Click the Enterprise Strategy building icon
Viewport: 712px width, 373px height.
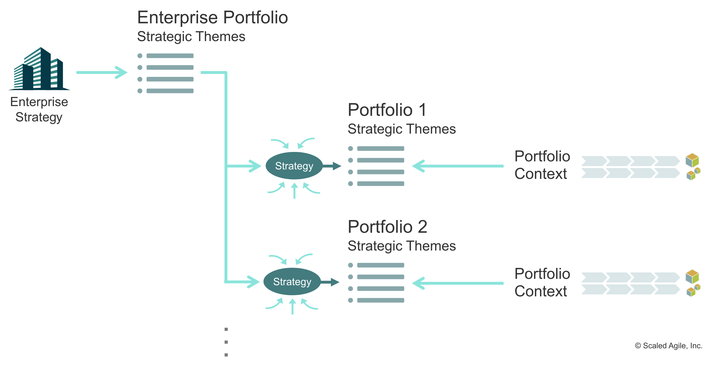click(39, 69)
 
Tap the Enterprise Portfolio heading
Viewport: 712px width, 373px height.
click(212, 17)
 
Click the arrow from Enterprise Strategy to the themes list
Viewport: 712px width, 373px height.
click(102, 72)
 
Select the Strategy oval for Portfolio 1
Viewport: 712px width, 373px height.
click(294, 166)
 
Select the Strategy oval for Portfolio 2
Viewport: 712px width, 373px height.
click(292, 282)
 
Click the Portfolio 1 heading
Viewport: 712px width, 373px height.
click(387, 110)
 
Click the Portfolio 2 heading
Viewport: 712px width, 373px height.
click(387, 227)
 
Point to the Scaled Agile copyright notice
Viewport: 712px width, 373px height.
click(668, 346)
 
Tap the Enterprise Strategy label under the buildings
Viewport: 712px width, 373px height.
click(39, 109)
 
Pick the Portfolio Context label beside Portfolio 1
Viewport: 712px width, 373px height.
click(542, 165)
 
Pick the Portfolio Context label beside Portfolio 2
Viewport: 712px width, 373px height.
click(542, 282)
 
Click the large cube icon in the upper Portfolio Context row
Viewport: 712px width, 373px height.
click(692, 160)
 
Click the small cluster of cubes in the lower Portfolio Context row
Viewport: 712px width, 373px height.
click(693, 291)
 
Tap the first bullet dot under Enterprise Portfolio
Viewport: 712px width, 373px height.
click(140, 56)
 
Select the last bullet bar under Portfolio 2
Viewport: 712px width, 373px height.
click(380, 300)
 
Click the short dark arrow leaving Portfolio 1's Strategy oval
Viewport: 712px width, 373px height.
click(332, 166)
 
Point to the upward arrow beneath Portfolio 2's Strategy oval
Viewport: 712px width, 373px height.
click(292, 306)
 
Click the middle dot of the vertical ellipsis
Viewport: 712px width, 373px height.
click(226, 342)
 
